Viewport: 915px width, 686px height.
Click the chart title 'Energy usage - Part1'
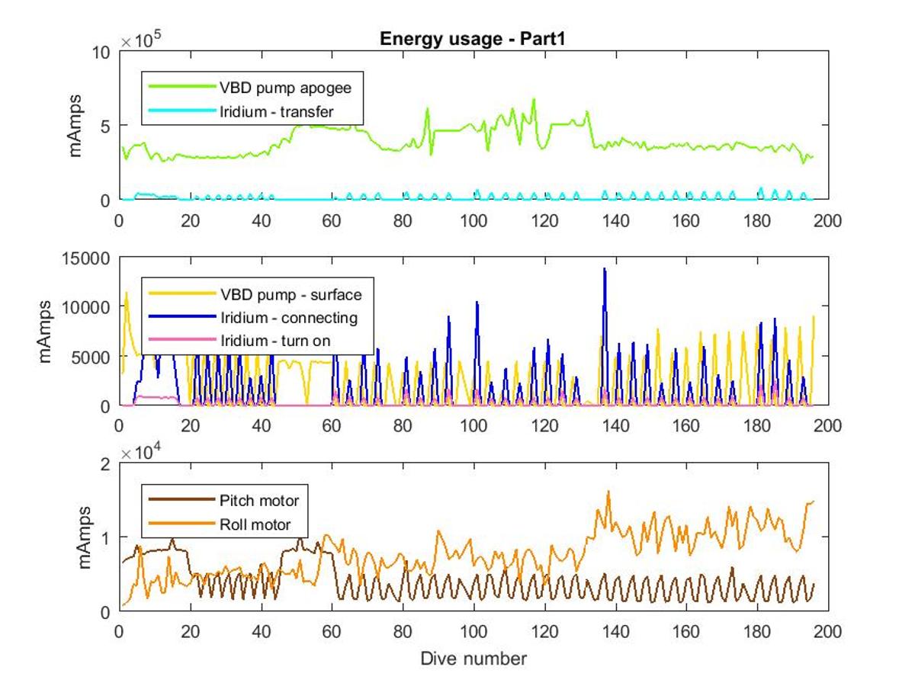pyautogui.click(x=472, y=39)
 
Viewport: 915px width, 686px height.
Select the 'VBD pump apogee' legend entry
pyautogui.click(x=250, y=88)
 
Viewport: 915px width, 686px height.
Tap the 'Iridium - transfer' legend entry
pyautogui.click(x=241, y=111)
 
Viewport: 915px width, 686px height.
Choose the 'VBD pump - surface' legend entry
pyautogui.click(x=255, y=294)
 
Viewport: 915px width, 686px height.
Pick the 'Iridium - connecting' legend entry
pyautogui.click(x=253, y=317)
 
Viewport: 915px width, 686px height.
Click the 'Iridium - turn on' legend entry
pyautogui.click(x=239, y=340)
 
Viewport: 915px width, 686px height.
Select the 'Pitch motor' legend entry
pyautogui.click(x=224, y=500)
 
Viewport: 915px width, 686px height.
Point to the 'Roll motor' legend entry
pyautogui.click(x=220, y=524)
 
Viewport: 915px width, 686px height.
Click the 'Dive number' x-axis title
pyautogui.click(x=474, y=659)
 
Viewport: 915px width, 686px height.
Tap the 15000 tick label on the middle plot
pyautogui.click(x=86, y=258)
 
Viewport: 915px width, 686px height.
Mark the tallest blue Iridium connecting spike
pyautogui.click(x=605, y=269)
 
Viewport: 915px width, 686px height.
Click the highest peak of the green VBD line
pyautogui.click(x=534, y=99)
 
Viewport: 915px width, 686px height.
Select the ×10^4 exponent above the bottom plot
pyautogui.click(x=141, y=451)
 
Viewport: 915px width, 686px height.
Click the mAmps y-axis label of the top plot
pyautogui.click(x=75, y=126)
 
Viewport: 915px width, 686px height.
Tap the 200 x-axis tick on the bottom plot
pyautogui.click(x=827, y=631)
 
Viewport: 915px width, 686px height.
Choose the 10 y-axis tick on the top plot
pyautogui.click(x=101, y=53)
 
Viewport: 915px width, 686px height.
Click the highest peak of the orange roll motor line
pyautogui.click(x=608, y=492)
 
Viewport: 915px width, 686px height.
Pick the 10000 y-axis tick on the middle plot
pyautogui.click(x=86, y=307)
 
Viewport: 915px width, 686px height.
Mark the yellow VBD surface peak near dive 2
pyautogui.click(x=127, y=293)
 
